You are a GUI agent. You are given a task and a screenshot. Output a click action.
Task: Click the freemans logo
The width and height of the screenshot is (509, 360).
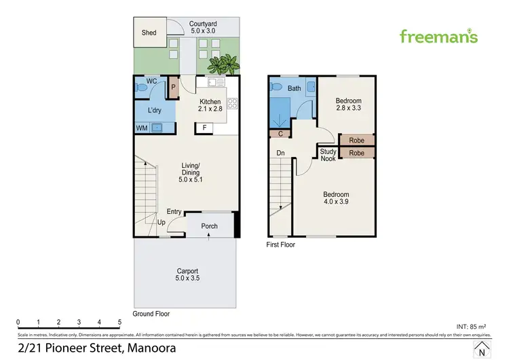pyautogui.click(x=438, y=36)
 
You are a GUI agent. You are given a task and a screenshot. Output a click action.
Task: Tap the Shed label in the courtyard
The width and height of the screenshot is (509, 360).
pyautogui.click(x=149, y=33)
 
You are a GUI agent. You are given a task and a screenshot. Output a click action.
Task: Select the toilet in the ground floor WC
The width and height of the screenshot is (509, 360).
pyautogui.click(x=140, y=86)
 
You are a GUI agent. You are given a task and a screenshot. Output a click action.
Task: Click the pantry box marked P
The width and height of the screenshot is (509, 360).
pyautogui.click(x=173, y=87)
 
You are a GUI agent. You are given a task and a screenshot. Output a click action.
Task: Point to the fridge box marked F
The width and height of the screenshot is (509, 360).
pyautogui.click(x=203, y=127)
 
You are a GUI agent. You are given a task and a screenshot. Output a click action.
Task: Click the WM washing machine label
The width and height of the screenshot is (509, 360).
pyautogui.click(x=142, y=127)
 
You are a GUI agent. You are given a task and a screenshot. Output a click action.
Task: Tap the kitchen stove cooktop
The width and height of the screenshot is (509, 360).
pyautogui.click(x=233, y=104)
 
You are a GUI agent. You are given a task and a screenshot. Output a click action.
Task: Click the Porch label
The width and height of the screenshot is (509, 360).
pyautogui.click(x=209, y=226)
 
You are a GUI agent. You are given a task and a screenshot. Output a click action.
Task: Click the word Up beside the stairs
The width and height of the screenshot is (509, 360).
pyautogui.click(x=161, y=223)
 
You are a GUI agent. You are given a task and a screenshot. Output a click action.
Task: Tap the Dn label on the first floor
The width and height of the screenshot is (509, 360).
pyautogui.click(x=280, y=153)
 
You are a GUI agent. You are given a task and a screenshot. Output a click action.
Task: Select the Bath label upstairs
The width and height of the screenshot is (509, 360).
pyautogui.click(x=294, y=88)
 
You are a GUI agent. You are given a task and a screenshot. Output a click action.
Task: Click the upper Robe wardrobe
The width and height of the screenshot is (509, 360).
pyautogui.click(x=356, y=141)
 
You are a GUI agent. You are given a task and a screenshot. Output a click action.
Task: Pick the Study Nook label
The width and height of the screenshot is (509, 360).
pyautogui.click(x=328, y=155)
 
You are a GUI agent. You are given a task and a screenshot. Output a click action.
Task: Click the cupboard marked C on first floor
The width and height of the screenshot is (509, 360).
pyautogui.click(x=280, y=134)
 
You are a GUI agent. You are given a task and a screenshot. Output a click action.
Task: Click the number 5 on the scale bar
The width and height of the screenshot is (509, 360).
pyautogui.click(x=119, y=322)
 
